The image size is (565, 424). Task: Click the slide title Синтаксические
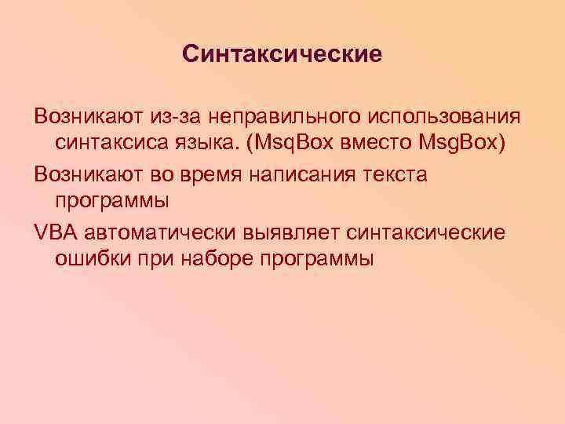(282, 54)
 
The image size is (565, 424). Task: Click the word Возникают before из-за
(80, 117)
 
